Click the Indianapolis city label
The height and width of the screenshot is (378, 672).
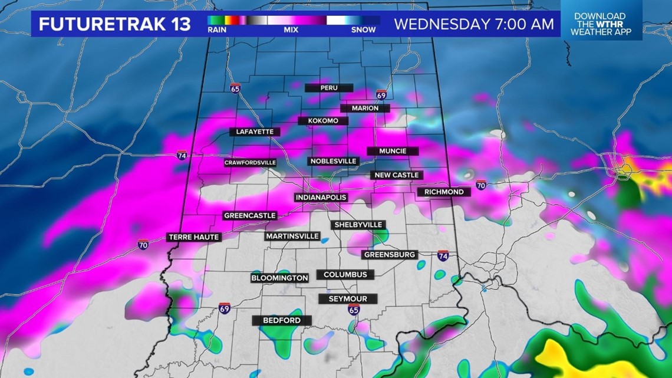click(321, 197)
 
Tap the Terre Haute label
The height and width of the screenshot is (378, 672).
click(194, 237)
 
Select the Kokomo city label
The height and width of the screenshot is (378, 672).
click(322, 121)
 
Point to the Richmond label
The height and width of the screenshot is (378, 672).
click(443, 192)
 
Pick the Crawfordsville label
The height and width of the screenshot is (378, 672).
click(250, 162)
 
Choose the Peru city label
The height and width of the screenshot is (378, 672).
click(328, 88)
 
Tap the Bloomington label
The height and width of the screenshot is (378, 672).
click(279, 278)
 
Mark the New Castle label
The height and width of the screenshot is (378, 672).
click(397, 175)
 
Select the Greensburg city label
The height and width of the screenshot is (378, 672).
click(390, 255)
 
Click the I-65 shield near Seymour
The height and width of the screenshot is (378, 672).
click(353, 309)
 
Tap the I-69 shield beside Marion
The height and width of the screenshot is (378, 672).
click(381, 95)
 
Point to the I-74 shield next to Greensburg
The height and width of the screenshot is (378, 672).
click(443, 255)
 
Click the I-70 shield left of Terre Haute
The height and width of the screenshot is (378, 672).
click(143, 244)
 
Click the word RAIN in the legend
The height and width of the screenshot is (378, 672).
click(217, 29)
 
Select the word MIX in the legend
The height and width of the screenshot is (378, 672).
click(291, 29)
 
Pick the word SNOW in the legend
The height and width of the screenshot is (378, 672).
click(363, 29)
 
